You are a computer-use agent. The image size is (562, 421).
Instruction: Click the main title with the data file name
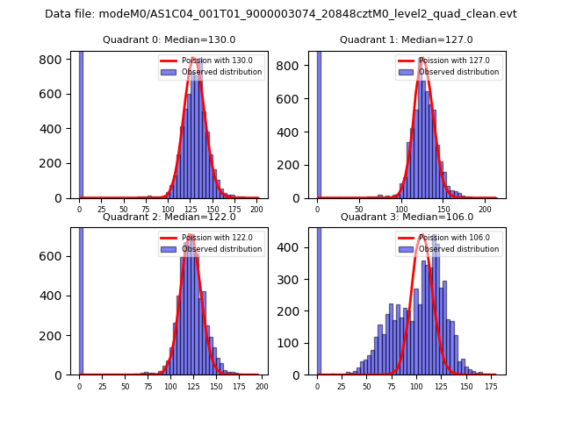[x=281, y=14]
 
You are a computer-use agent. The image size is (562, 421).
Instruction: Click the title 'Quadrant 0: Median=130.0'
[x=169, y=39]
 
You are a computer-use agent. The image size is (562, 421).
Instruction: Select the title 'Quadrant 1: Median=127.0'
[x=407, y=39]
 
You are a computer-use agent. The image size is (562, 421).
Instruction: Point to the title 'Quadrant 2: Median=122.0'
[x=169, y=217]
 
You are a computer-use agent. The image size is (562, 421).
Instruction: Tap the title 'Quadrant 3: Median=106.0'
[x=407, y=217]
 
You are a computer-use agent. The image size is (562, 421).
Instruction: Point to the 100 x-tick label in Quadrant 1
[x=401, y=209]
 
